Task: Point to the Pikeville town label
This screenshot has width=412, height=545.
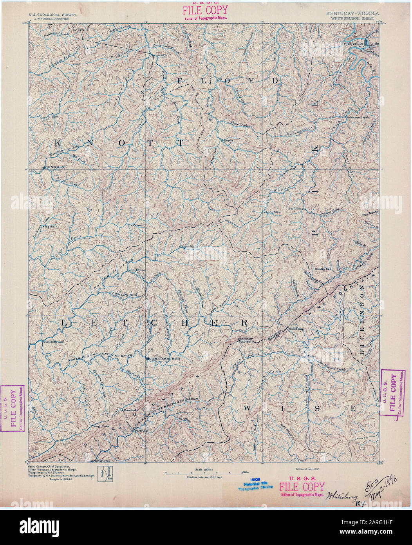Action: pos(353,44)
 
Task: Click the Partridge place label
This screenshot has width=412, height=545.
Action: pos(141,430)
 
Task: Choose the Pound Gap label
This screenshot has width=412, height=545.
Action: pos(296,329)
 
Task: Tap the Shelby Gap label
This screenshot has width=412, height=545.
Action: pos(323,269)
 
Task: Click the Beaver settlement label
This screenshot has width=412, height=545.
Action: pos(228,140)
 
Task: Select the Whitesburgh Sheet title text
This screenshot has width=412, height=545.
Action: pos(352,18)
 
